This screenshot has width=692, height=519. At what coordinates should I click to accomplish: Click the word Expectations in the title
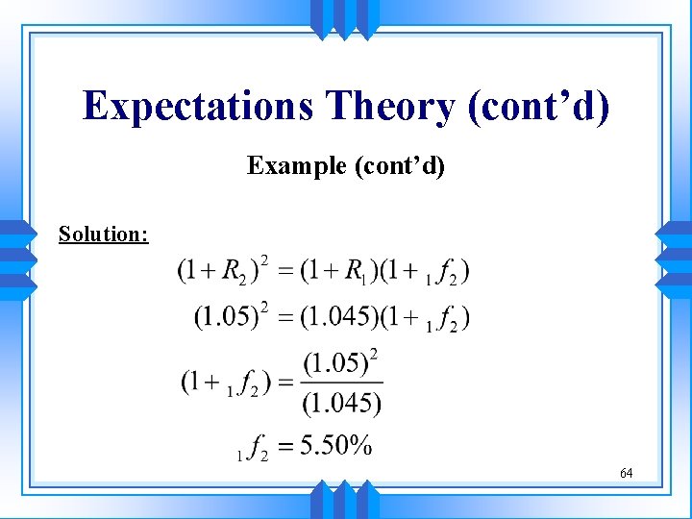tap(198, 106)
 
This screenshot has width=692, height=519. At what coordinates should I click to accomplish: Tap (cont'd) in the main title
tap(538, 106)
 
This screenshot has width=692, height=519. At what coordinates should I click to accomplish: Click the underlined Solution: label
tap(103, 234)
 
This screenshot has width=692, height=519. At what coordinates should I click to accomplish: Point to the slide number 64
tap(626, 473)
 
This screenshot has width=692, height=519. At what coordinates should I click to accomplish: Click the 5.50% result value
tap(335, 446)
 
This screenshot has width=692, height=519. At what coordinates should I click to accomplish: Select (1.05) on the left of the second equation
tap(225, 316)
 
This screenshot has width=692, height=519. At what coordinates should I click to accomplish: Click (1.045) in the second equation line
tap(338, 316)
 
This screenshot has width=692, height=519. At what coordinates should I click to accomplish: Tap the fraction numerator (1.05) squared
tap(337, 364)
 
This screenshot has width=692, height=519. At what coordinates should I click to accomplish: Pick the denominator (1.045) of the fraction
tap(342, 404)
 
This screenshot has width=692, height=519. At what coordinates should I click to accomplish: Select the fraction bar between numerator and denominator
tap(342, 383)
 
